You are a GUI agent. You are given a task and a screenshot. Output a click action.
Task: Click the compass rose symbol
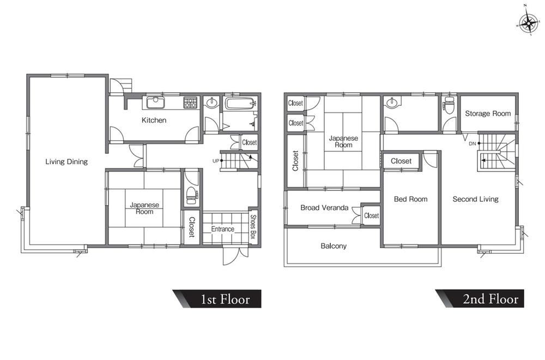tap(528, 23)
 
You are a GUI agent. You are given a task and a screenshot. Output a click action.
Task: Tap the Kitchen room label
tap(154, 121)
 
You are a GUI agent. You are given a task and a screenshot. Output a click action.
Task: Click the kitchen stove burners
tap(190, 103)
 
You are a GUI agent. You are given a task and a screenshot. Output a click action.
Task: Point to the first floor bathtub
tap(240, 104)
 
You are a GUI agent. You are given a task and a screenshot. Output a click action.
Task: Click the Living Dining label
tap(66, 161)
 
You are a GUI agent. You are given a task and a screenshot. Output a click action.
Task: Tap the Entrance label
tap(223, 229)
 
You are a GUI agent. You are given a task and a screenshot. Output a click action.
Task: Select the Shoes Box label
tap(253, 226)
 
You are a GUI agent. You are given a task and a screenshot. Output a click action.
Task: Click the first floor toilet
tap(191, 195)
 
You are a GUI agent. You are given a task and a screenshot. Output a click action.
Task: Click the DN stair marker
tap(473, 143)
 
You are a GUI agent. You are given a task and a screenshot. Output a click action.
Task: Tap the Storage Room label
tap(488, 113)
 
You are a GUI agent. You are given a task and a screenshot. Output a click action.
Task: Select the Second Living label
tap(475, 199)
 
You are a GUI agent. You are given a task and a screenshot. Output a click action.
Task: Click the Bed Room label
tap(410, 199)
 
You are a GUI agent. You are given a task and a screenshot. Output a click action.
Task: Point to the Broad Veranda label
tap(324, 208)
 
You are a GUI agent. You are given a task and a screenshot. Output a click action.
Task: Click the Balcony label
tap(334, 246)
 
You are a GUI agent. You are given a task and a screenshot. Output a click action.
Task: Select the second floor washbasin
tap(392, 102)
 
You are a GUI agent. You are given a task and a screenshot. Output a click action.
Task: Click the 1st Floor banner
tap(218, 299)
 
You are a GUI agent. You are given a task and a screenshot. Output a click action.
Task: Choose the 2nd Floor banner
tap(481, 299)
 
